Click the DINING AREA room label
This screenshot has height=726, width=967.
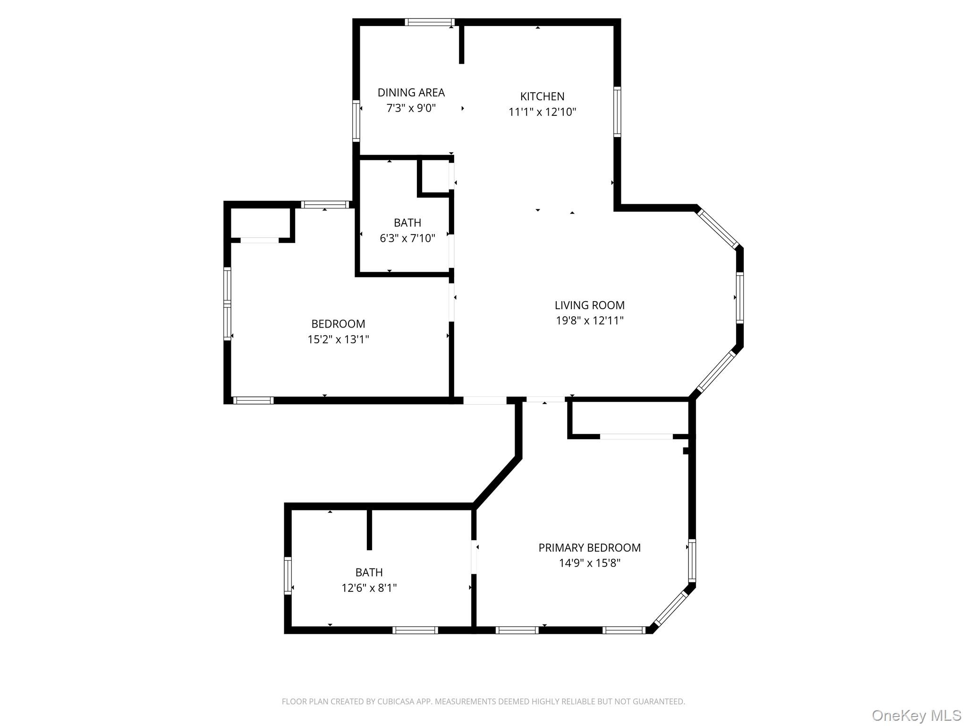pyautogui.click(x=411, y=93)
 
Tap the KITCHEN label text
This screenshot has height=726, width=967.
pyautogui.click(x=542, y=96)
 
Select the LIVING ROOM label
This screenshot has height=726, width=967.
pyautogui.click(x=589, y=305)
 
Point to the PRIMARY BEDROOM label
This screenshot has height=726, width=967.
pyautogui.click(x=589, y=548)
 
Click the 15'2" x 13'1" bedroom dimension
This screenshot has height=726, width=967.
pyautogui.click(x=338, y=339)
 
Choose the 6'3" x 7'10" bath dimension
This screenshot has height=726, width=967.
pyautogui.click(x=407, y=238)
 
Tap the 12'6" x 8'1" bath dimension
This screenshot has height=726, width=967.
pyautogui.click(x=369, y=588)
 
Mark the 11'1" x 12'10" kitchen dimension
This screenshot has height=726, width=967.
pyautogui.click(x=542, y=112)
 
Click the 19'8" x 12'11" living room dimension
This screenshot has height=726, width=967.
pyautogui.click(x=589, y=321)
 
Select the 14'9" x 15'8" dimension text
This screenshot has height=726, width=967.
pyautogui.click(x=589, y=563)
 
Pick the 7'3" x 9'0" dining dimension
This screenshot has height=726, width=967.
pyautogui.click(x=411, y=108)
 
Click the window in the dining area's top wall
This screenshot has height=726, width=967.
pyautogui.click(x=430, y=22)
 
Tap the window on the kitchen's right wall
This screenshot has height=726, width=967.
pyautogui.click(x=617, y=112)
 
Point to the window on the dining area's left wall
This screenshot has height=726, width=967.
pyautogui.click(x=356, y=121)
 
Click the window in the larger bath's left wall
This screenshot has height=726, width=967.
pyautogui.click(x=288, y=575)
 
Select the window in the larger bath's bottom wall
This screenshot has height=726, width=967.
pyautogui.click(x=415, y=630)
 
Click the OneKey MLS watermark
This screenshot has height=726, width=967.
pyautogui.click(x=916, y=716)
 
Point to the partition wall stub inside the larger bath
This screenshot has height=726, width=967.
pyautogui.click(x=369, y=529)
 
